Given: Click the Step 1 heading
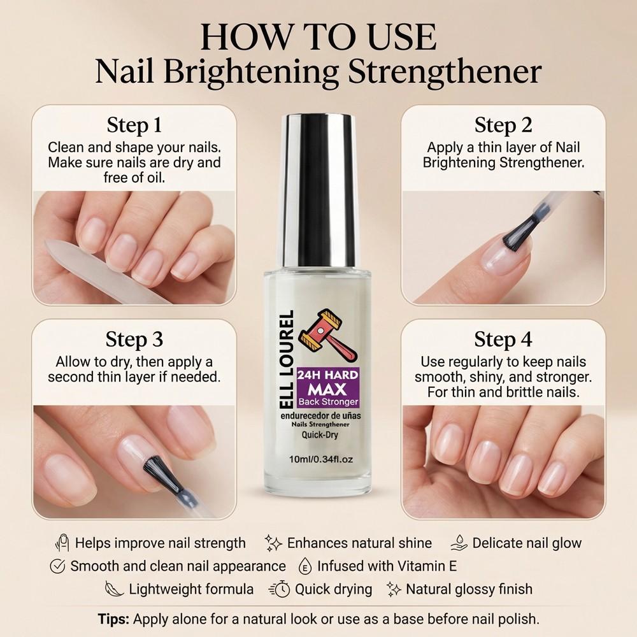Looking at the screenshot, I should pos(134,124).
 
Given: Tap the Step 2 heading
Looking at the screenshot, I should pos(503,125).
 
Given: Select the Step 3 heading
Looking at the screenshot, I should pos(134,339).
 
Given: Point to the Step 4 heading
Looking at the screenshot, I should pos(503,339).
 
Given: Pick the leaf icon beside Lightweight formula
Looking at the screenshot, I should pos(114,589).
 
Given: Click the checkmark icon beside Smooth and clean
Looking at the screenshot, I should pos(58,566).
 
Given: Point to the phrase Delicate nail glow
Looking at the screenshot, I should pos(527,543).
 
